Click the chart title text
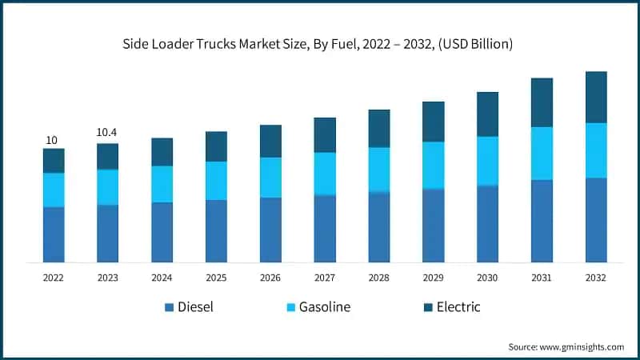click(x=320, y=44)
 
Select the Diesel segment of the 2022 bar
click(x=54, y=234)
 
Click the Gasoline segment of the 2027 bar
click(x=325, y=174)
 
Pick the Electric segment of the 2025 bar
click(x=216, y=146)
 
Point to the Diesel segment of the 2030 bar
click(x=487, y=224)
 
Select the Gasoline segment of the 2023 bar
click(x=108, y=187)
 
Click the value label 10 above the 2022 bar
click(x=51, y=140)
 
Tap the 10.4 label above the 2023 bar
click(x=107, y=132)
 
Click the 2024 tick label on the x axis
click(x=162, y=278)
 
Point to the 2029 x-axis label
click(x=433, y=278)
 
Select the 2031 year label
click(x=542, y=278)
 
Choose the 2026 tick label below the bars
click(x=270, y=278)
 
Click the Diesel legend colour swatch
click(x=168, y=307)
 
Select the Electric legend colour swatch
click(x=427, y=307)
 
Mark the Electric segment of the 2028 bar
click(x=379, y=128)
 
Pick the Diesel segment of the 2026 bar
click(x=270, y=230)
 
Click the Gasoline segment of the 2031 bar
click(x=542, y=154)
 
